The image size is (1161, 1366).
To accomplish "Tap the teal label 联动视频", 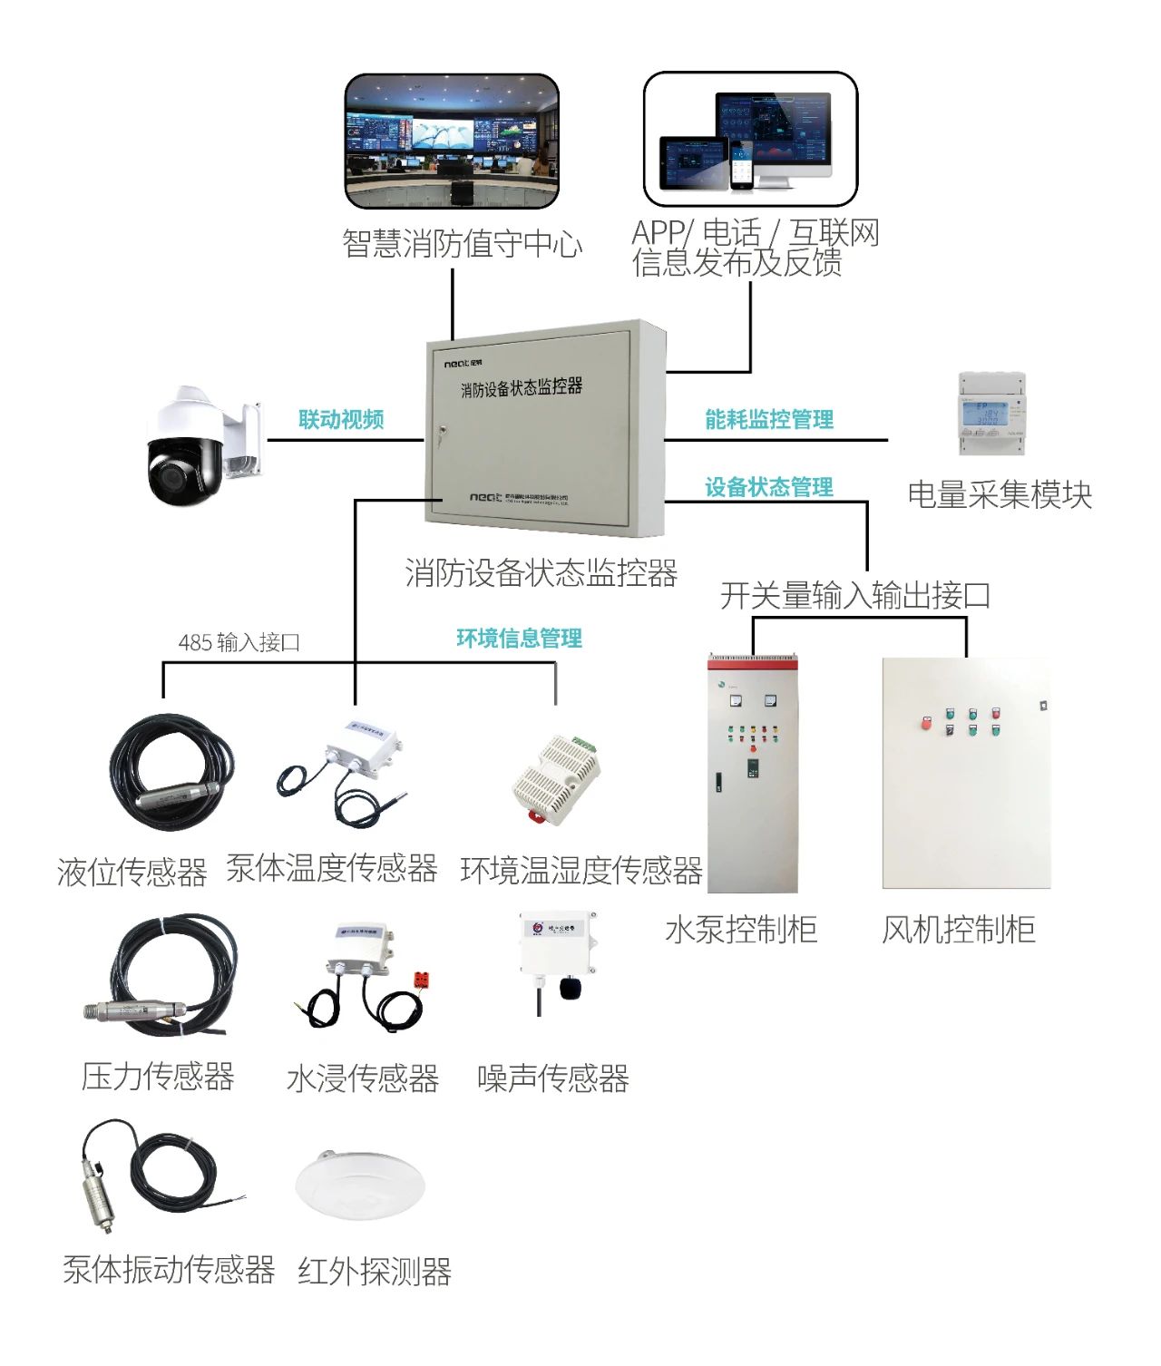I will coord(341,419).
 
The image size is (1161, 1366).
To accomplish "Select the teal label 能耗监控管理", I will coord(769,419).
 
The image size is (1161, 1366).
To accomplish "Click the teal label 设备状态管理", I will coord(769,487).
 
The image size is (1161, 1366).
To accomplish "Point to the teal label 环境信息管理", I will coord(519,639).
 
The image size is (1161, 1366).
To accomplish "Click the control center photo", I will coord(451,141).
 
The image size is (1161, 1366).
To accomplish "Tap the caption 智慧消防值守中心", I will coord(462,243).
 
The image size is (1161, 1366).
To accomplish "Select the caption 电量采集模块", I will coord(1000,495).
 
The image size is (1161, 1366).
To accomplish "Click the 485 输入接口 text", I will coord(239,643).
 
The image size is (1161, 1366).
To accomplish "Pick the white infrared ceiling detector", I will coord(360,1183).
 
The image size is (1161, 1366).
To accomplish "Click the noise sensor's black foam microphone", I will coord(570,987).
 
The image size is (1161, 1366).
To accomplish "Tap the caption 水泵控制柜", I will coord(741,930).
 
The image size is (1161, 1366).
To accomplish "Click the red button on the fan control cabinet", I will coord(926,723).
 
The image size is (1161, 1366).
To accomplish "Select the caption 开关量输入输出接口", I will coord(854,596).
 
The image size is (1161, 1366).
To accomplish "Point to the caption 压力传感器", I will coord(158,1077).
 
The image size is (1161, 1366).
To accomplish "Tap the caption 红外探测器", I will coord(375,1272).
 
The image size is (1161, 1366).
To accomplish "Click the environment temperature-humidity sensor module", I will coord(556,778).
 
